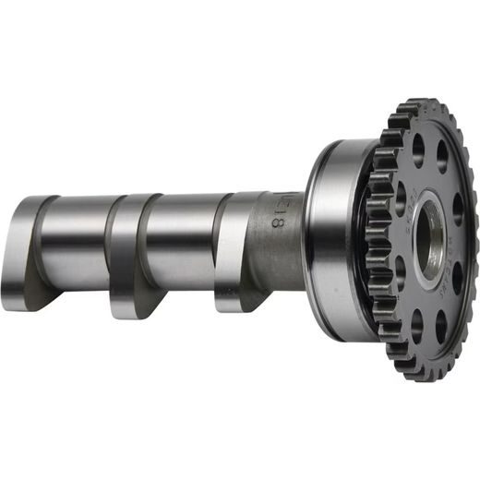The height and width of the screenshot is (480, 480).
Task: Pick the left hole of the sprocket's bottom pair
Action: point(416,325)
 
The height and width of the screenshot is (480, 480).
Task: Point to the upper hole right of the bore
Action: point(458,210)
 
